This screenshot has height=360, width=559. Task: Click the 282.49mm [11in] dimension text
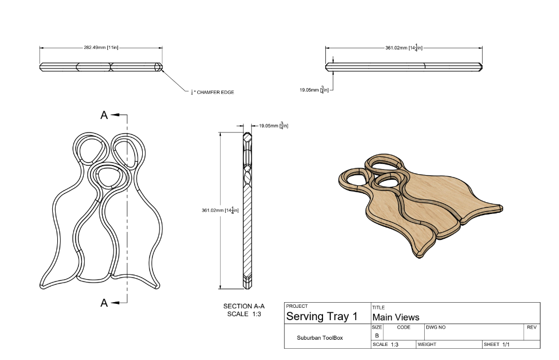[x=101, y=48]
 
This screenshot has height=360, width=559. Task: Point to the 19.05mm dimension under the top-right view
[x=313, y=89]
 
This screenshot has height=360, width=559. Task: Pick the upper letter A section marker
[x=104, y=115]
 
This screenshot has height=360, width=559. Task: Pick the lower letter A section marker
[x=104, y=303]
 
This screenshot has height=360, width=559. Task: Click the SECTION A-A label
[x=244, y=306]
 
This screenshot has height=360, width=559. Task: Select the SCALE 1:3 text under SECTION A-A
[x=244, y=314]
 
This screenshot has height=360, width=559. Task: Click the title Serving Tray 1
[x=322, y=316]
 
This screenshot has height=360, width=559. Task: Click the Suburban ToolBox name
[x=320, y=338]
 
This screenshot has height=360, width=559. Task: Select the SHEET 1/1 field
[x=497, y=344]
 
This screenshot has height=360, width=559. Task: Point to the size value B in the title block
[x=376, y=335]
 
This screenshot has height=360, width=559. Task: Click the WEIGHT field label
[x=427, y=344]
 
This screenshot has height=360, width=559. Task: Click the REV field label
[x=531, y=327]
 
